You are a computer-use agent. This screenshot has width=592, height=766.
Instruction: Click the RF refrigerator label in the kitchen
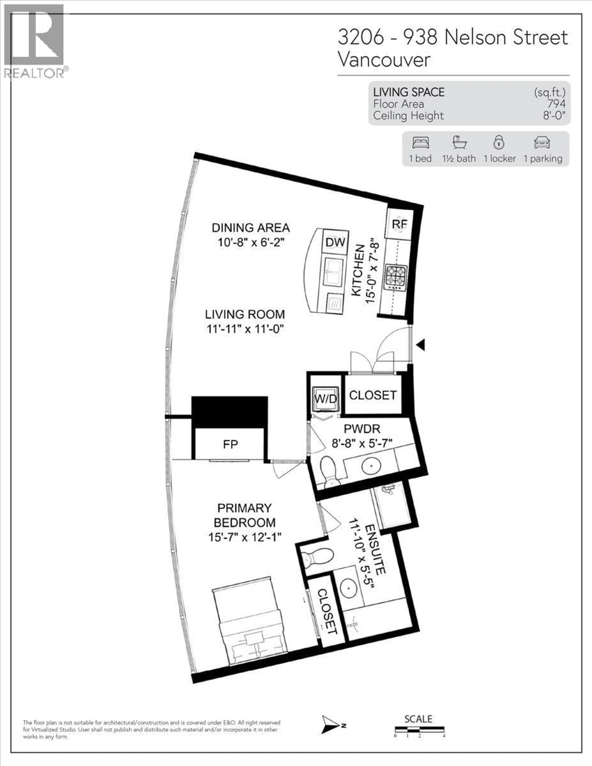tap(399, 224)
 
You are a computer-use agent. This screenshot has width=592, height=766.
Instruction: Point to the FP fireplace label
tap(230, 444)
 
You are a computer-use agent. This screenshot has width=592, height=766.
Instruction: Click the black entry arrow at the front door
tap(421, 345)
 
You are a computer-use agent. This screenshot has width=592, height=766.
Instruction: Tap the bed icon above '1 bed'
tap(420, 143)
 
